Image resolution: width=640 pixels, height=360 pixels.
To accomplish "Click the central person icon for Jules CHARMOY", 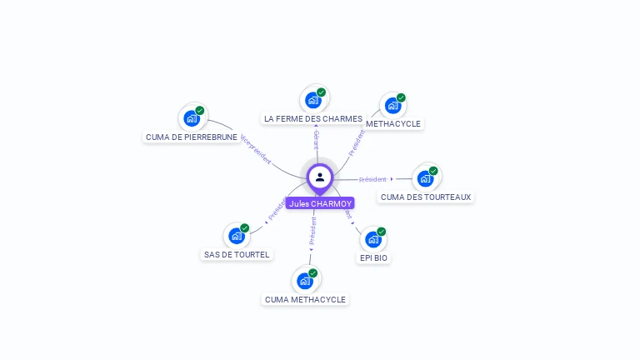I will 320,177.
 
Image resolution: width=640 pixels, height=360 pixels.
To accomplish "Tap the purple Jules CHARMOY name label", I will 320,203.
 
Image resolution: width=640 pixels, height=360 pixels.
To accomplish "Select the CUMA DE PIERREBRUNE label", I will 192,137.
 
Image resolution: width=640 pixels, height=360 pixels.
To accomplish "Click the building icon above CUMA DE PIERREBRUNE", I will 192,117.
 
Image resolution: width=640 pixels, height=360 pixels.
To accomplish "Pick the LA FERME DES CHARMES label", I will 313,119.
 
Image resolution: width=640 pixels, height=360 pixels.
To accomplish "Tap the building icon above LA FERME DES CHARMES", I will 313,100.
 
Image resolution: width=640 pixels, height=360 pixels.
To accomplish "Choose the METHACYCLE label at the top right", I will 394,124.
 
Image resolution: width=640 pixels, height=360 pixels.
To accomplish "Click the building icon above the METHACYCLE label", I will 392,106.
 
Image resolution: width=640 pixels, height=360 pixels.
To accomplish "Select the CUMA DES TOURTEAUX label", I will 426,197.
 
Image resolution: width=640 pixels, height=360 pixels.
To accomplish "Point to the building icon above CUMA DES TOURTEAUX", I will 425,178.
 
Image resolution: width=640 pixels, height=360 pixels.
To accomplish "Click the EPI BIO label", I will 373,258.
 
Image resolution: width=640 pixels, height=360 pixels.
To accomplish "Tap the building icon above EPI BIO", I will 373,239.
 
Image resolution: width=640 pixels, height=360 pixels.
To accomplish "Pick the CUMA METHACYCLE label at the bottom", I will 305,299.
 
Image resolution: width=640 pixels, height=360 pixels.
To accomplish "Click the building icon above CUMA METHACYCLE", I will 305,281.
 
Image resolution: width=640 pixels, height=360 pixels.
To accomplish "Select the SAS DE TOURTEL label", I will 237,255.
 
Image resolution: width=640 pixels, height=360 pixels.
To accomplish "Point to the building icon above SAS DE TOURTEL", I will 237,236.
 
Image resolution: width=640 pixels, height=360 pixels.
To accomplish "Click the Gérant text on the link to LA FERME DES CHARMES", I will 316,139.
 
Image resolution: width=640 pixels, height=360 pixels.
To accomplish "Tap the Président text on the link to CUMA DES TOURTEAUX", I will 372,179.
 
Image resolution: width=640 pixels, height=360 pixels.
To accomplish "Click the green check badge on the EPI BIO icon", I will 382,232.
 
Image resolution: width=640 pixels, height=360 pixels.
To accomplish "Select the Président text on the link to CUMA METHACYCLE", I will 312,232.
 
